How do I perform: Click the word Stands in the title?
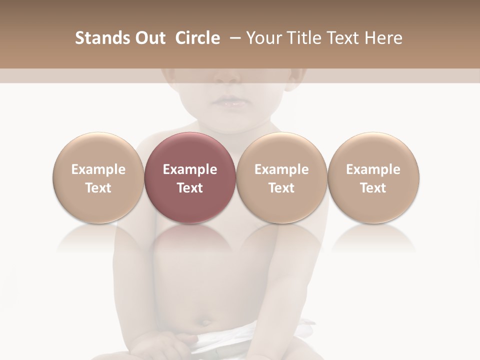point(99,38)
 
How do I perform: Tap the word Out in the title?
point(148,38)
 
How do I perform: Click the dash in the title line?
point(233,38)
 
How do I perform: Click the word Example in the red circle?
point(190,169)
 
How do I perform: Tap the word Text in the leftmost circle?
point(98,188)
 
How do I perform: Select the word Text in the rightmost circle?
point(373,188)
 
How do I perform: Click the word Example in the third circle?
point(281,169)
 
